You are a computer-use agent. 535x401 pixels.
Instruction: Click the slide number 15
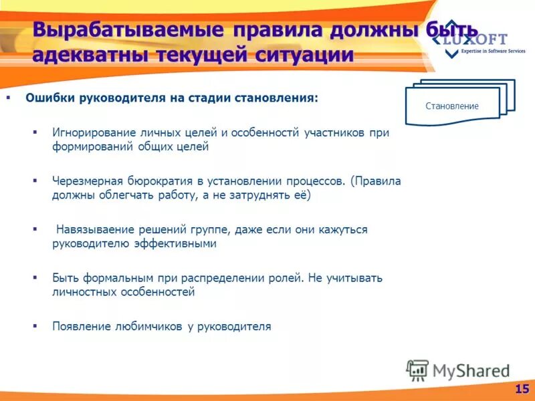coord(522,388)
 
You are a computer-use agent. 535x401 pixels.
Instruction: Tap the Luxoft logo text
coord(479,39)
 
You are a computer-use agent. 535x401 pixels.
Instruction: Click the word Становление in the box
coord(452,106)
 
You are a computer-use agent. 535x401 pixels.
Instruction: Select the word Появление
coord(79,326)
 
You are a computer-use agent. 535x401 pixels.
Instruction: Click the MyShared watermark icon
coord(417,369)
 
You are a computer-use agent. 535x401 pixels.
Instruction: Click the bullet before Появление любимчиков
coord(35,326)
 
